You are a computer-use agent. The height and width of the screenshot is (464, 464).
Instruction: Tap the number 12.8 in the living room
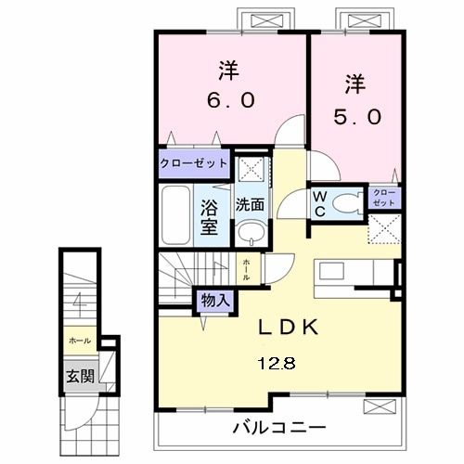coord(285,363)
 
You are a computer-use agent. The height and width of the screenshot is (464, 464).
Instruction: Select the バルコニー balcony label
coord(278,429)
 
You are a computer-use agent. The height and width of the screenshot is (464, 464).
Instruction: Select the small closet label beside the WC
coord(383,196)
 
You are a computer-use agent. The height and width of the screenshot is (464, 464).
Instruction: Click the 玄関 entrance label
coord(78,377)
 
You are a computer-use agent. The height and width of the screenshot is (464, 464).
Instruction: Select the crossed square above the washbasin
coord(248,169)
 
